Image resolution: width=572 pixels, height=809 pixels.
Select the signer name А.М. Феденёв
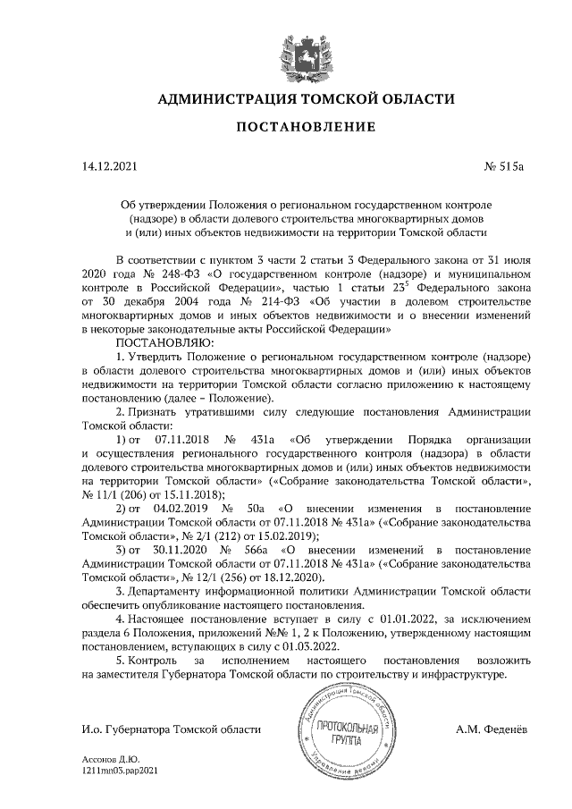point(491,730)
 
